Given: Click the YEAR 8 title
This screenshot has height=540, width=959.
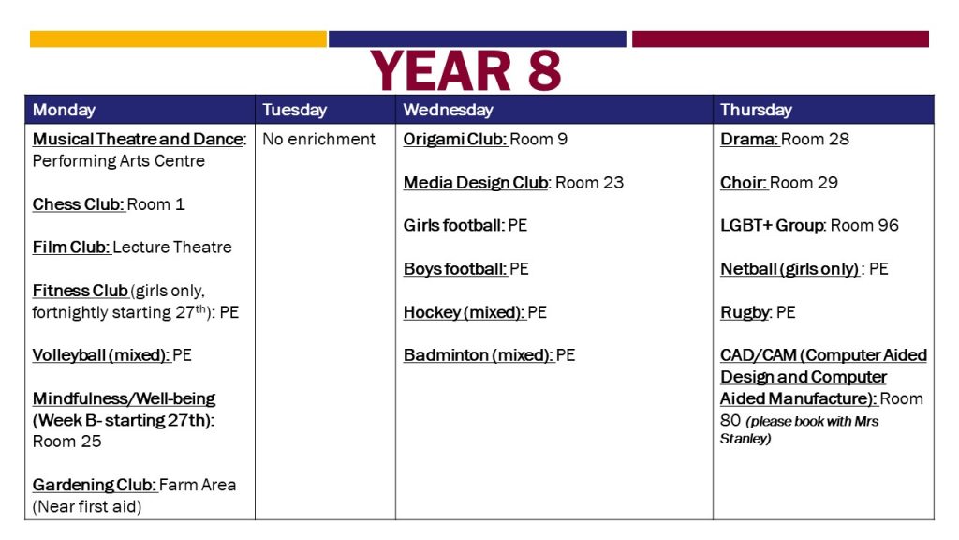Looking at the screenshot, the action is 465,70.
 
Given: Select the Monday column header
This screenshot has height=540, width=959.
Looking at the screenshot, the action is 64,110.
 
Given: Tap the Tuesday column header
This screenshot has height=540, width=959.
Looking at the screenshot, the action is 294,110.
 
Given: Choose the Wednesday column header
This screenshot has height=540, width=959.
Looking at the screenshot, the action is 448,110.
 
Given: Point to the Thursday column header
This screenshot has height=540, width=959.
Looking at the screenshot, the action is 756,110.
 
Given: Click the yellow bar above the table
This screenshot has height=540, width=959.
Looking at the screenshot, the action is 178,39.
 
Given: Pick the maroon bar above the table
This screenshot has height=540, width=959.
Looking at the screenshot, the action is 780,39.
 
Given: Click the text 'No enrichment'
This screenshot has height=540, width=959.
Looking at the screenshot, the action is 318,140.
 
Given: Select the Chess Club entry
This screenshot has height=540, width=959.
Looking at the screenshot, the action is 109,204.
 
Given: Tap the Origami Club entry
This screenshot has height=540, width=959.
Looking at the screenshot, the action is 485,140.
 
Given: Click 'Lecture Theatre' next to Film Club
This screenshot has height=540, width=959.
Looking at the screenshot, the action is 172,247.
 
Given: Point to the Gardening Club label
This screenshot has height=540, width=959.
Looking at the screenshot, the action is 95,485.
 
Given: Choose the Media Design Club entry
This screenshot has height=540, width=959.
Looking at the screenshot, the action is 513,183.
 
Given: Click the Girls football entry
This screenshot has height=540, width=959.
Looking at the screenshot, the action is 465,226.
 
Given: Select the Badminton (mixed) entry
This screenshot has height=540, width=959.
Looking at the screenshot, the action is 489,355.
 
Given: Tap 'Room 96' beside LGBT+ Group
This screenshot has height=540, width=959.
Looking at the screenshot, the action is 864,226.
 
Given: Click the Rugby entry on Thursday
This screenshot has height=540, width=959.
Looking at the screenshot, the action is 758,313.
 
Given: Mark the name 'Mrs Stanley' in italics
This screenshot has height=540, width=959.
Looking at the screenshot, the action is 800,429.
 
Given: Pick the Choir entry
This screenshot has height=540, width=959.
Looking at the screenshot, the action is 778,183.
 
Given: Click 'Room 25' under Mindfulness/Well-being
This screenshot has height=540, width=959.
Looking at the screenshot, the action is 66,442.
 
